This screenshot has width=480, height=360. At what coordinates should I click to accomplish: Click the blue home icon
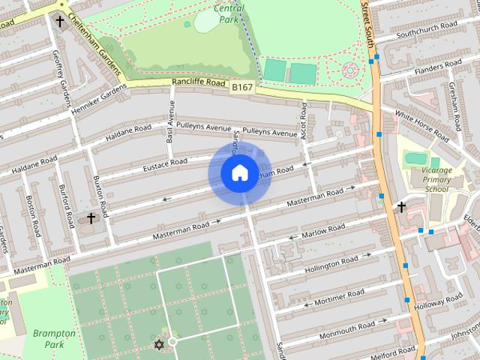click(x=239, y=173)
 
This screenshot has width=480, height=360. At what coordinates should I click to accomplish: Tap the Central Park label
click(x=229, y=13)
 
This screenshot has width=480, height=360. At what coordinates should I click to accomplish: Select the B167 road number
click(x=242, y=88)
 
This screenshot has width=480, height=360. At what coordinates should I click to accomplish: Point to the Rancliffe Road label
click(x=199, y=82)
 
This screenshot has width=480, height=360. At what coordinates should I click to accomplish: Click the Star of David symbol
click(x=158, y=344)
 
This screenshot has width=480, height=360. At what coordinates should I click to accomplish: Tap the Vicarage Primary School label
click(x=426, y=180)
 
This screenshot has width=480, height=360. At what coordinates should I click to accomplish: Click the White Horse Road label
click(x=423, y=126)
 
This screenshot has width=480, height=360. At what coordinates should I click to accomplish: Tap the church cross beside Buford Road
click(x=91, y=218)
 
